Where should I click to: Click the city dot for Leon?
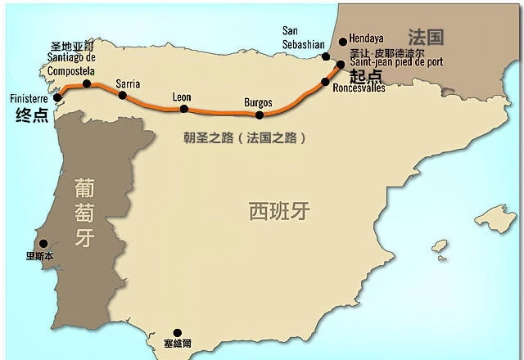[x=183, y=109]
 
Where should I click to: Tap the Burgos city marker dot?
[x=260, y=115]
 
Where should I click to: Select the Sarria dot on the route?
[x=123, y=95]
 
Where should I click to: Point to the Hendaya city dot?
[x=342, y=42]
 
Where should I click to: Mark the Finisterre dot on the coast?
[x=56, y=98]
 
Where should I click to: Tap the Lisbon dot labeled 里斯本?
[x=43, y=243]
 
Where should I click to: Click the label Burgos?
[x=258, y=102]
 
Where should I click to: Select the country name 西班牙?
[x=279, y=211]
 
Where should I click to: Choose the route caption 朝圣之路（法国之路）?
[x=245, y=138]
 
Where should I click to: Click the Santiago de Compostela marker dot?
[x=87, y=83]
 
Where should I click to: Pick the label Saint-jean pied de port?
[x=396, y=62]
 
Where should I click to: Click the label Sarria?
[x=128, y=83]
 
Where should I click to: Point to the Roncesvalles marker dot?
[x=326, y=82]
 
